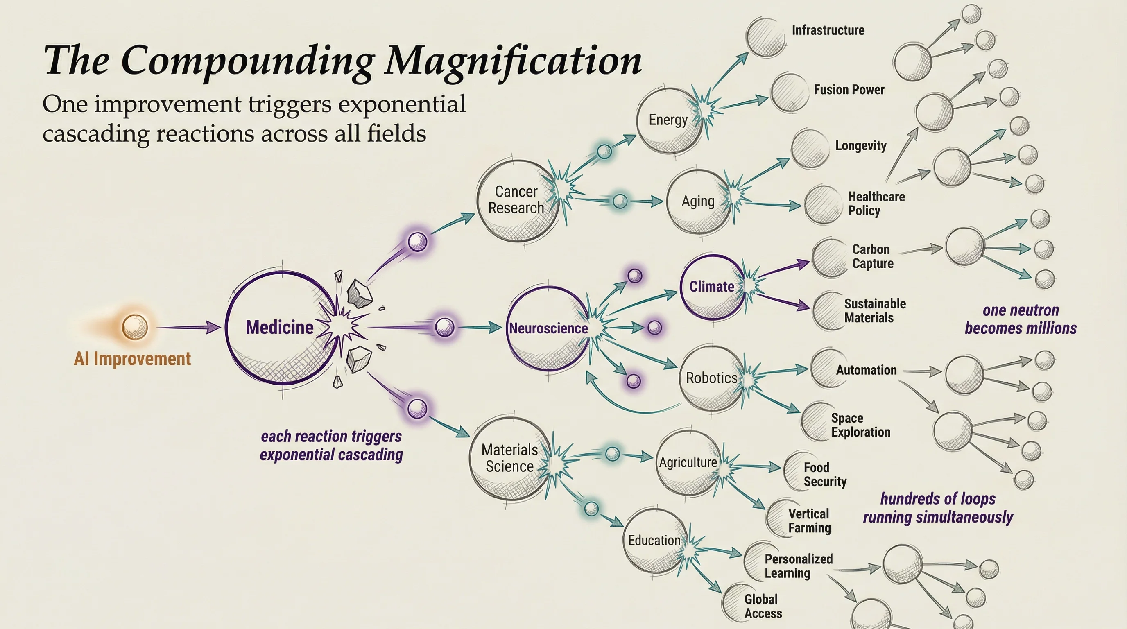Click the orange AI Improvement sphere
coord(134,327)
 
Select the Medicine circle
coord(280,328)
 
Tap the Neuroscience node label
coord(548,328)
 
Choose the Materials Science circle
coord(510,458)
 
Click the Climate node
coord(712,287)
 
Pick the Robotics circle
coord(712,378)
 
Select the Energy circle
coord(668,120)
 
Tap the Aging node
coord(698,201)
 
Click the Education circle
coord(654,540)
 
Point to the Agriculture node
coord(688,462)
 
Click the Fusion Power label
coord(849,90)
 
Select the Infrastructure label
coord(828,30)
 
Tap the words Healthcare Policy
coord(876,204)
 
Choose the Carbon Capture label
coord(872,256)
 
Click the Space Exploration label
coord(860,425)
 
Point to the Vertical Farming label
coord(809,520)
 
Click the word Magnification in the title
coord(513,61)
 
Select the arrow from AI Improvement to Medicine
coord(188,327)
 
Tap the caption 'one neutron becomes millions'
coord(1020,319)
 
